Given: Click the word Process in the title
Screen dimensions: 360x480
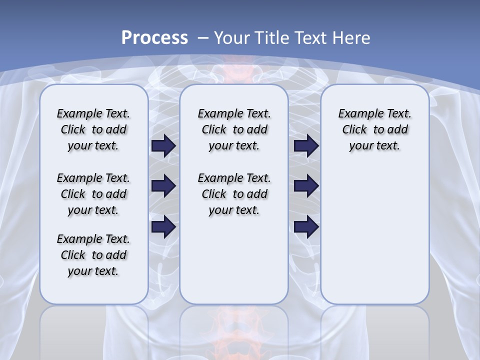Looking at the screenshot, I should [x=154, y=38].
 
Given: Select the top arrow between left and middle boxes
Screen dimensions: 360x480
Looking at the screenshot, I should [x=163, y=145].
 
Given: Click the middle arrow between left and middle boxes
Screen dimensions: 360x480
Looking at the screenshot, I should [x=163, y=186].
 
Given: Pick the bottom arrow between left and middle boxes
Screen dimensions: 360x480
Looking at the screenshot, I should [x=163, y=227].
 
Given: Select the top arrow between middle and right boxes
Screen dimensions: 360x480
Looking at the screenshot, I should [x=306, y=145].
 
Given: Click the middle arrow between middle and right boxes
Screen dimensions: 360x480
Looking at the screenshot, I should [x=306, y=186].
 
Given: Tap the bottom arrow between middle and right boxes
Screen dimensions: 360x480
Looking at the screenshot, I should [x=306, y=227].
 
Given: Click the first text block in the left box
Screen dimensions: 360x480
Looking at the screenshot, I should [x=93, y=129].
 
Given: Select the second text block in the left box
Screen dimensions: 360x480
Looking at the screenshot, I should [x=93, y=194].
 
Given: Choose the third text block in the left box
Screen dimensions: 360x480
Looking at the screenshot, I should [x=93, y=255].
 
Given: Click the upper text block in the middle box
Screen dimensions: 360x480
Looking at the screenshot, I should [x=234, y=129].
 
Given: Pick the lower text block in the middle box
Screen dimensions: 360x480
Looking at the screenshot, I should [x=234, y=194].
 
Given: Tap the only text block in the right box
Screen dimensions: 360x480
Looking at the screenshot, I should [x=374, y=129].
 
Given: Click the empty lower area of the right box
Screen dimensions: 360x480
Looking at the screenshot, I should [x=374, y=235].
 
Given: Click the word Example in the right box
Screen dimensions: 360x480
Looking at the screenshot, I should [x=357, y=114].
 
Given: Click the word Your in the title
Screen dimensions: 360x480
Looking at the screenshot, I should [x=232, y=38].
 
